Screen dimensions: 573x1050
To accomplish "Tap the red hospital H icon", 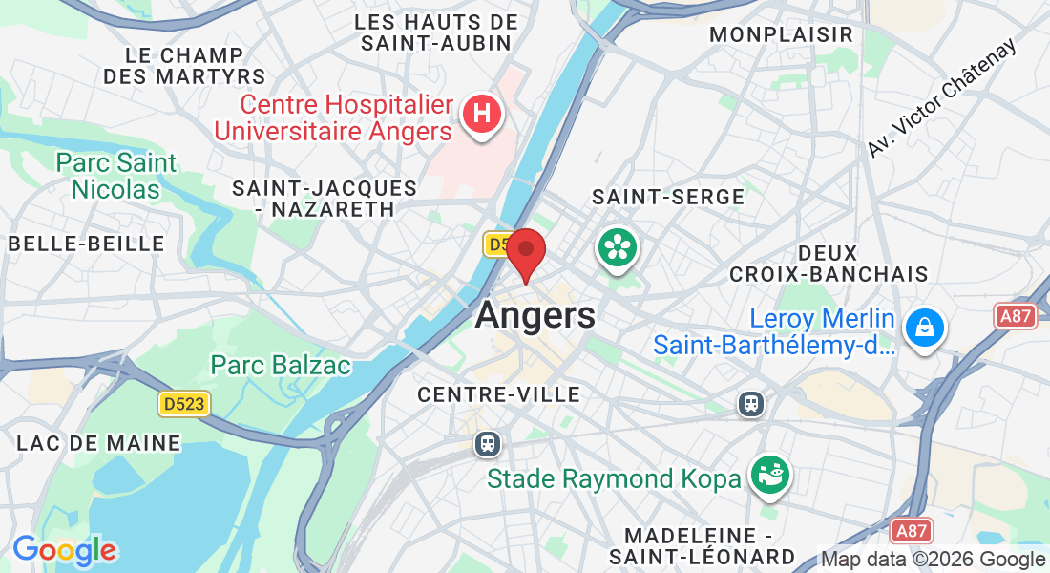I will (482, 115).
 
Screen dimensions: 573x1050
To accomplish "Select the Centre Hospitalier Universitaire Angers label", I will (333, 117).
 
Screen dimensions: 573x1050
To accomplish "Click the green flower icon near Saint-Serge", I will (618, 248).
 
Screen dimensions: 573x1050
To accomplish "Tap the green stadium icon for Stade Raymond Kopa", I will (769, 474).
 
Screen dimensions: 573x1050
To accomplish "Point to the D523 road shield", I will (183, 404).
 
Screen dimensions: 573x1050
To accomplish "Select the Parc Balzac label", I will (281, 365).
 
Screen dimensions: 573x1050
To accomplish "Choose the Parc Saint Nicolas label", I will (115, 176).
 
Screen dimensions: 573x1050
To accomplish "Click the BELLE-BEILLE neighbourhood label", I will (87, 244).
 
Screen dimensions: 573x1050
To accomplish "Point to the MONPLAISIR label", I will (781, 34).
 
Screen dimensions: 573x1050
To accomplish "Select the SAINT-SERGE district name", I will (668, 197).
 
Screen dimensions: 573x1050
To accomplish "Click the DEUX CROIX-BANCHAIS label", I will (829, 264).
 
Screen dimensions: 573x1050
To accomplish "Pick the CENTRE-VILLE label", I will (499, 394).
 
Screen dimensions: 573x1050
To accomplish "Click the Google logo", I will (65, 550).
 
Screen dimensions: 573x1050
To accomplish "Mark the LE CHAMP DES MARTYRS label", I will (184, 65).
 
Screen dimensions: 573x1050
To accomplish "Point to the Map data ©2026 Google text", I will (934, 560).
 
